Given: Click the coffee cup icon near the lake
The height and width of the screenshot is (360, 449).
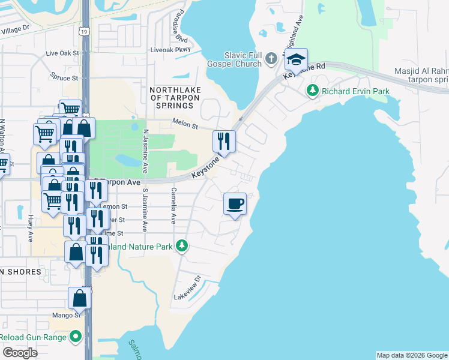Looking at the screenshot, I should coord(235,203).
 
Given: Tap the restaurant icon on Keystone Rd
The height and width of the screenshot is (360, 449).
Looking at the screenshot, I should coord(224,141).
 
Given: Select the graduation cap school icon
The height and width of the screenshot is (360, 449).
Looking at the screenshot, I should coord(295,59).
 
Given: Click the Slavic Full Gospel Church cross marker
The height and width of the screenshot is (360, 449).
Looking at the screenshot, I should coord(271,59).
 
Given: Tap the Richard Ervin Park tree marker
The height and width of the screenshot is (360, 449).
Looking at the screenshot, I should coord(312,91).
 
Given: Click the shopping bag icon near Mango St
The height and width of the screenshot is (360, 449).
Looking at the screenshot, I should coord(79,298).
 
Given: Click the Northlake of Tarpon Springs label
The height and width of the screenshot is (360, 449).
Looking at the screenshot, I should coord(171,97).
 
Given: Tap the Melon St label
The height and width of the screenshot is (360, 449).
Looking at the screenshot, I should coord(185,125).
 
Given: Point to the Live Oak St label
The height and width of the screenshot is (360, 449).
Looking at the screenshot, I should coord(62,53).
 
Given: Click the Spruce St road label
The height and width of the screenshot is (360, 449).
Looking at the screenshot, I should coord(64,78).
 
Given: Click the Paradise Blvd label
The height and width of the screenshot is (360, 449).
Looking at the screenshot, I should coord(178,25).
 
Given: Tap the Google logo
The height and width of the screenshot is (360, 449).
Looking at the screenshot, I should coord(20,352).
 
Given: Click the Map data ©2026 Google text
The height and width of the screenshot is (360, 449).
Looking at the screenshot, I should coord(411,355).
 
